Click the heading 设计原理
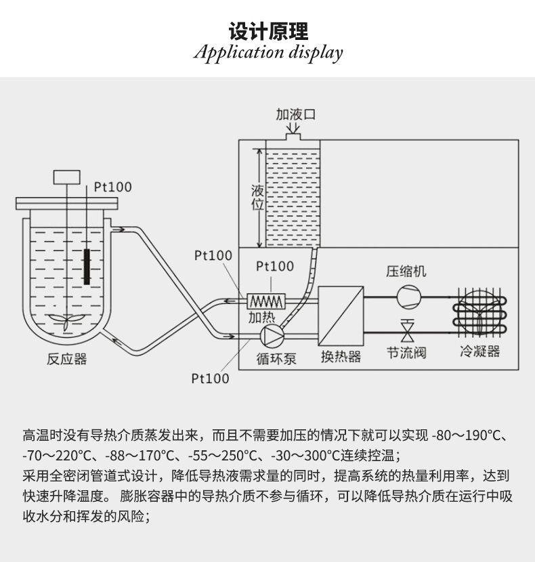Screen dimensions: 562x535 (x=268, y=31)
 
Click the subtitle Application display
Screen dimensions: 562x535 (x=268, y=53)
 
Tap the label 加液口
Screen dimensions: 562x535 (x=295, y=114)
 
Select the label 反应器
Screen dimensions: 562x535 (x=67, y=359)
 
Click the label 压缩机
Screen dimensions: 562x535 (x=406, y=272)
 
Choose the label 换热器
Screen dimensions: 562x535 (x=341, y=356)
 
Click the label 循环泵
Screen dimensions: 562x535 (x=276, y=358)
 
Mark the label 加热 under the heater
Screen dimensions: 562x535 (x=261, y=316)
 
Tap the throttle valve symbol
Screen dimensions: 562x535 (x=407, y=332)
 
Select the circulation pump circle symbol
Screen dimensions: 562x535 (x=272, y=334)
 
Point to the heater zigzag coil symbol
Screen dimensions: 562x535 (x=267, y=299)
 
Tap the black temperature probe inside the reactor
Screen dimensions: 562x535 (x=87, y=267)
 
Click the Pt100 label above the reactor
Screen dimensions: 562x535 (x=112, y=187)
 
